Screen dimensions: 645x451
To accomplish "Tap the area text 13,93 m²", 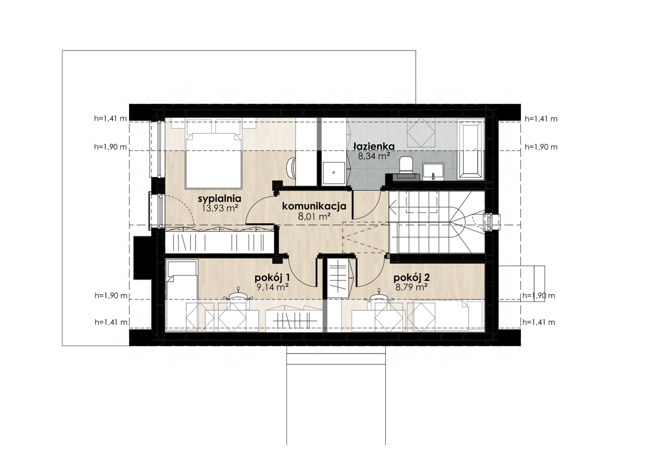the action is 220,208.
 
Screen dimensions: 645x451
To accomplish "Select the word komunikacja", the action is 314,206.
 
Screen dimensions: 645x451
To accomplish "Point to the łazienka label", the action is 374,147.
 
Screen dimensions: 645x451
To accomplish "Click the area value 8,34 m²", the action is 374,156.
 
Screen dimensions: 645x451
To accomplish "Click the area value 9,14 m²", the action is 273,287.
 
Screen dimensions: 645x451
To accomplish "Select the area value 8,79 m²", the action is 411,287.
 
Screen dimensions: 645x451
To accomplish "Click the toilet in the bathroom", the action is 406,165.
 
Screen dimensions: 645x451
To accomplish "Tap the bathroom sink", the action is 433,171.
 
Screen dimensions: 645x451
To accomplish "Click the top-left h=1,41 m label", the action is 110,119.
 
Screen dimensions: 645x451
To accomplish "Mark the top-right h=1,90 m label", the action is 541,147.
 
